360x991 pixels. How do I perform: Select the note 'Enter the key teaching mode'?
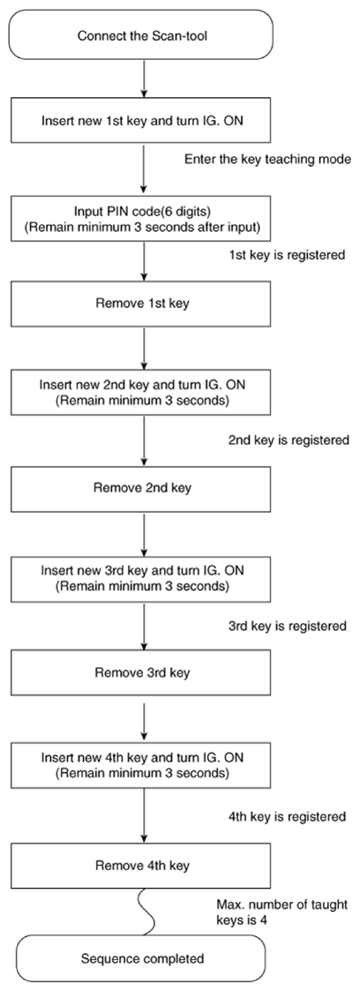pos(267,159)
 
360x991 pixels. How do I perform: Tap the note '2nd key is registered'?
pos(288,439)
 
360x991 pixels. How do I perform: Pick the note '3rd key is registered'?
pos(287,627)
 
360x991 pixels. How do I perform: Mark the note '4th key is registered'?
pos(287,817)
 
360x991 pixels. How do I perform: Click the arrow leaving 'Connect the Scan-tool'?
pos(143,79)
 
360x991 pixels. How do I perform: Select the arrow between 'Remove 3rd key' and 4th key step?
pos(143,719)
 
